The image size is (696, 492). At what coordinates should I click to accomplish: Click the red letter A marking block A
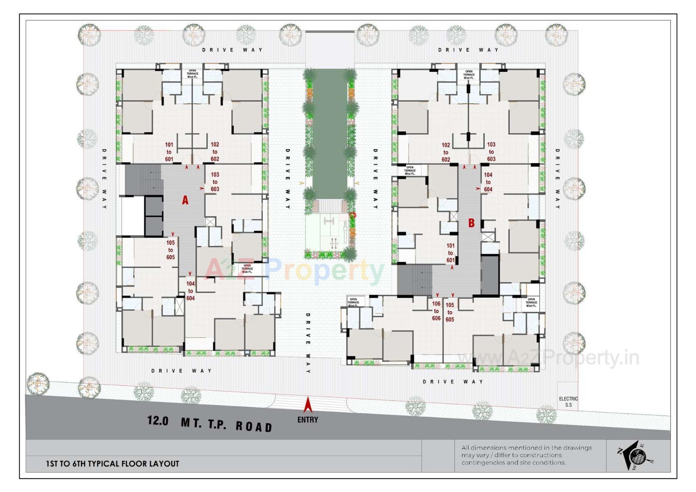pyautogui.click(x=185, y=200)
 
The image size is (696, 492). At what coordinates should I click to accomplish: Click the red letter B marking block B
pyautogui.click(x=471, y=223)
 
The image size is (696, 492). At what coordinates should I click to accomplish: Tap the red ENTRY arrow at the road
pyautogui.click(x=308, y=405)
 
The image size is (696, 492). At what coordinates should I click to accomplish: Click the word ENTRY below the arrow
pyautogui.click(x=307, y=420)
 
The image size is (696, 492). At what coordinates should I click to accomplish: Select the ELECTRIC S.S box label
pyautogui.click(x=568, y=402)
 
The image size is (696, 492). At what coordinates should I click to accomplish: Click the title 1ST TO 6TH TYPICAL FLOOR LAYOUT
pyautogui.click(x=112, y=464)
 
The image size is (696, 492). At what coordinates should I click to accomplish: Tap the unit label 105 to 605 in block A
pyautogui.click(x=170, y=250)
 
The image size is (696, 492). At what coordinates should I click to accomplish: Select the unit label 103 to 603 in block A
pyautogui.click(x=215, y=182)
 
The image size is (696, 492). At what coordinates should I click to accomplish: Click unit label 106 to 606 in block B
pyautogui.click(x=436, y=311)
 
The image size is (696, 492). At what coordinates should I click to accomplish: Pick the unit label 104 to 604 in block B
pyautogui.click(x=488, y=182)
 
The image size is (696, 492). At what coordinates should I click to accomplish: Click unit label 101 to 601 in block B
pyautogui.click(x=450, y=253)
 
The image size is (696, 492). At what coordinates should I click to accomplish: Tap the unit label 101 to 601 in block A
pyautogui.click(x=169, y=152)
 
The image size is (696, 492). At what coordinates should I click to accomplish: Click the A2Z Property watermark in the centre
pyautogui.click(x=294, y=270)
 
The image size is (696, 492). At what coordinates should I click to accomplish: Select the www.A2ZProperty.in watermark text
pyautogui.click(x=548, y=358)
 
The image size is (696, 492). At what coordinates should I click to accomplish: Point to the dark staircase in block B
pyautogui.click(x=415, y=280)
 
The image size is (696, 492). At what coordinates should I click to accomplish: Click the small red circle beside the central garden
pyautogui.click(x=352, y=215)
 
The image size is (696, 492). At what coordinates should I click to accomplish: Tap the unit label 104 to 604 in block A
pyautogui.click(x=190, y=291)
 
